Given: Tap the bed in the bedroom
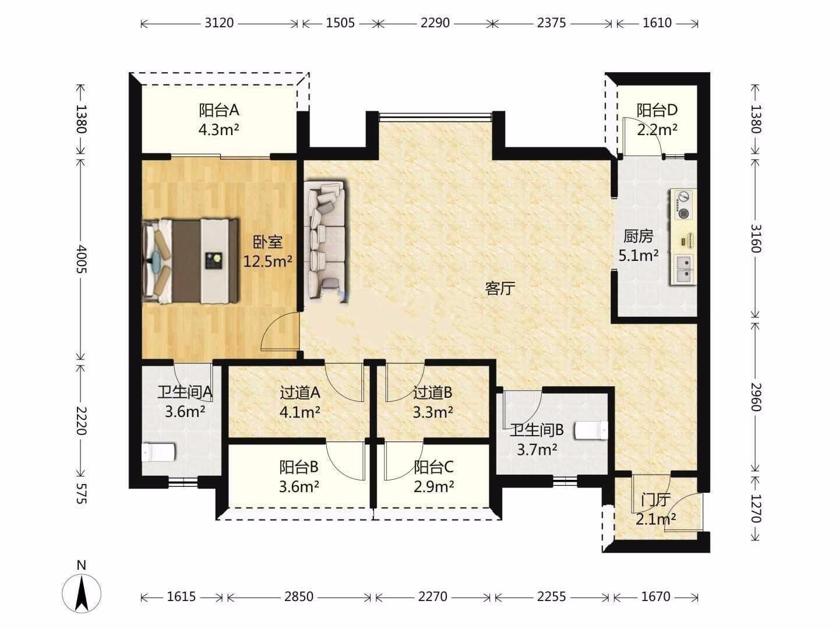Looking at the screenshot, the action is [x=191, y=261].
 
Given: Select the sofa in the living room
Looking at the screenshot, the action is [x=327, y=239].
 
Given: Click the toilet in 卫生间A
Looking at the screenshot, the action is [x=158, y=452].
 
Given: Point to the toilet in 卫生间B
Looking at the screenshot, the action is [x=591, y=430].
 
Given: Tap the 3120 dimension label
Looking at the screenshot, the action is [x=219, y=23].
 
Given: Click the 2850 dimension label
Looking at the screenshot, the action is [x=298, y=596].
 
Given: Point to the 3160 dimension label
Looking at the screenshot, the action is [x=756, y=239].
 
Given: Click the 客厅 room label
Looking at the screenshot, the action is [x=500, y=288].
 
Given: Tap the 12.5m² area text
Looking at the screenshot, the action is [x=267, y=262].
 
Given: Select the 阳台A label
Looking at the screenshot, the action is [x=218, y=111].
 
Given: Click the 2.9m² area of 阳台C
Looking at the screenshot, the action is [x=434, y=487].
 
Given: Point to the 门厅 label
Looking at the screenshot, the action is [x=656, y=500].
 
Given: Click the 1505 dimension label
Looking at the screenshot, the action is [x=340, y=23].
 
